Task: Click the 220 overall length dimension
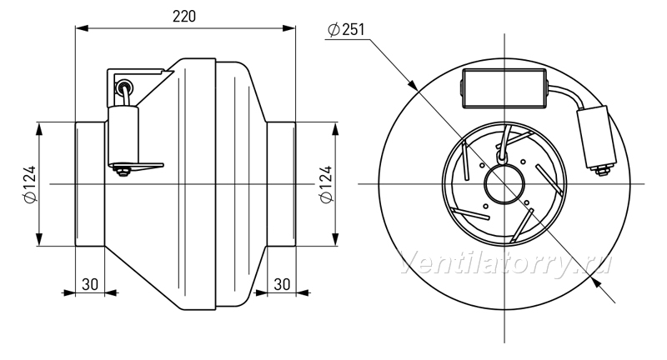coord(184,17)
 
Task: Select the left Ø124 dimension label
coord(30,184)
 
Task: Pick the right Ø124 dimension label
coord(326,184)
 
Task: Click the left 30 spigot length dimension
coord(90,284)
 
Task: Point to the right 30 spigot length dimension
coord(282,284)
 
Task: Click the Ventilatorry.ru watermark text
coord(506,263)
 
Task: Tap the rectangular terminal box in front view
coord(504,88)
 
